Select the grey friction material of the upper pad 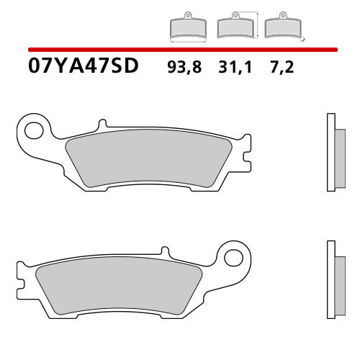coord(148,161)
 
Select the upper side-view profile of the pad coord(332,153)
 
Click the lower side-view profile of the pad coord(332,278)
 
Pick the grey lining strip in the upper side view coord(338,153)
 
